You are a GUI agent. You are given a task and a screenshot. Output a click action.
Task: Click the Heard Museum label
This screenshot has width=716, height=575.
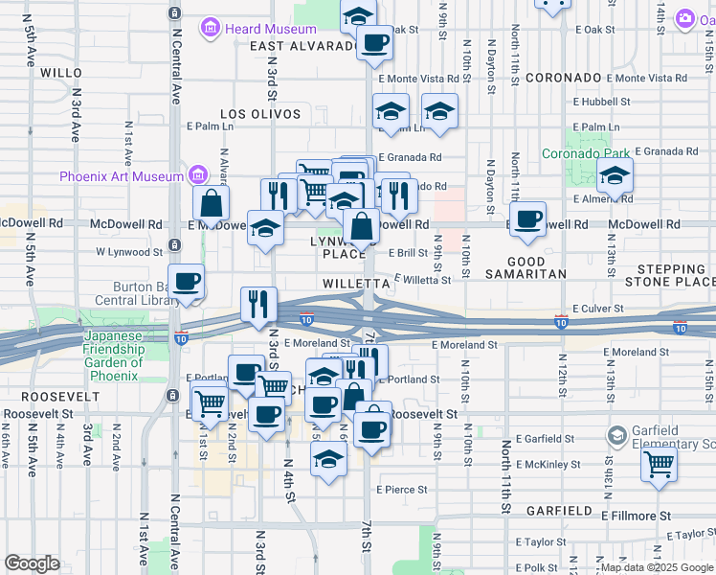coord(257,29)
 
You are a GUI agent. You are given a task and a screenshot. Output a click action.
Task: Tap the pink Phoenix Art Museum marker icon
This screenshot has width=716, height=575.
coord(199,175)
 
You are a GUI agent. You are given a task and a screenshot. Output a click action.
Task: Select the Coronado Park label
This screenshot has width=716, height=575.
coord(586,152)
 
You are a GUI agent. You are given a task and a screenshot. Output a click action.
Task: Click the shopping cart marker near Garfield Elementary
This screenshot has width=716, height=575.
coord(658,465)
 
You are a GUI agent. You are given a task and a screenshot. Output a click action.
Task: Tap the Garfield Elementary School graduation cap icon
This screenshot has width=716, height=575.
coord(616,437)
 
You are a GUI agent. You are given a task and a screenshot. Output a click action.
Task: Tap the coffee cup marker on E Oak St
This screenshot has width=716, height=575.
coord(374,43)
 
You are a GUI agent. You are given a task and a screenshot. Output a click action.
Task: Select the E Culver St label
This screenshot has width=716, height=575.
coord(597,309)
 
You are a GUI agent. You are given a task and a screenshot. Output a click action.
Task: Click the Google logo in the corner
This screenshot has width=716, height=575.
coord(32,563)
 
